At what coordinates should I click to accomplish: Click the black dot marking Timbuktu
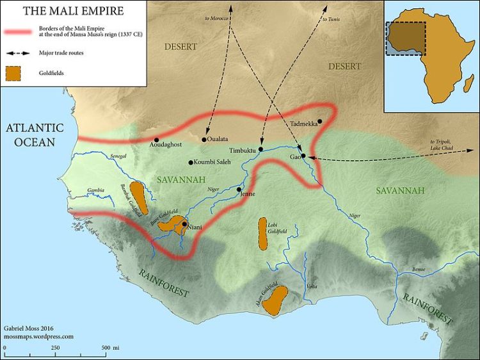(261, 149)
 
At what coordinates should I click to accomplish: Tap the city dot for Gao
(304, 156)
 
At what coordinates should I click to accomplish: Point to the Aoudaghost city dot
(156, 140)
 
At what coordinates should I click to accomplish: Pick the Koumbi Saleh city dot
(190, 162)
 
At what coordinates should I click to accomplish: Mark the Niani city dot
(185, 224)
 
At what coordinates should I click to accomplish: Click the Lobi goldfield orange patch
(262, 233)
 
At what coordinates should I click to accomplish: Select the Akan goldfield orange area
(276, 300)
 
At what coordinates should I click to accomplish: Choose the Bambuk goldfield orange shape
(138, 197)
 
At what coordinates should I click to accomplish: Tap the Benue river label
(419, 269)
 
